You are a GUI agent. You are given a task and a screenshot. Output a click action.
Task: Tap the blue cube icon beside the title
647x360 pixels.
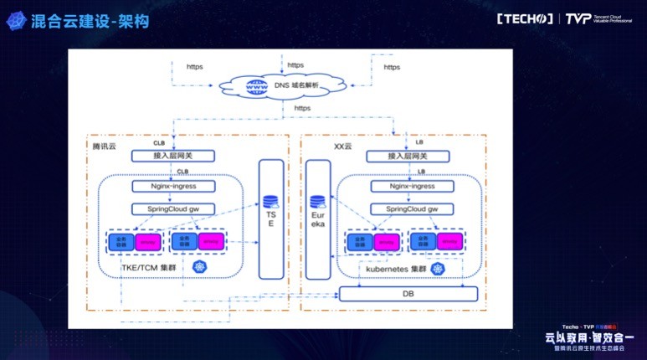pos(15,21)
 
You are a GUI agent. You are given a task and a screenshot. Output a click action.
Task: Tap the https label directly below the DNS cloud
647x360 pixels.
pos(303,108)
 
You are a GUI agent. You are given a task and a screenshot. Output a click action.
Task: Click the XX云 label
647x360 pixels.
pos(344,146)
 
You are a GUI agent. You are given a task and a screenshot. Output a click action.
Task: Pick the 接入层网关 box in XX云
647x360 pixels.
pos(408,156)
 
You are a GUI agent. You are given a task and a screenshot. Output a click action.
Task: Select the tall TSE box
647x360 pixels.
pos(270,218)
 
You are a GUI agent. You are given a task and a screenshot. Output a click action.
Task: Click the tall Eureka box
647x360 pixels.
pos(316,219)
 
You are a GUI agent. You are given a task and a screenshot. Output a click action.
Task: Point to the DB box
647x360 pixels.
pos(408,294)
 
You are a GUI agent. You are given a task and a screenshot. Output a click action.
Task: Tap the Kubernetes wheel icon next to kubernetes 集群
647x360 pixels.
pos(437,269)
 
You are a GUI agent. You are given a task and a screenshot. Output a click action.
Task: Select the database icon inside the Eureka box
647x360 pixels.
pos(316,201)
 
